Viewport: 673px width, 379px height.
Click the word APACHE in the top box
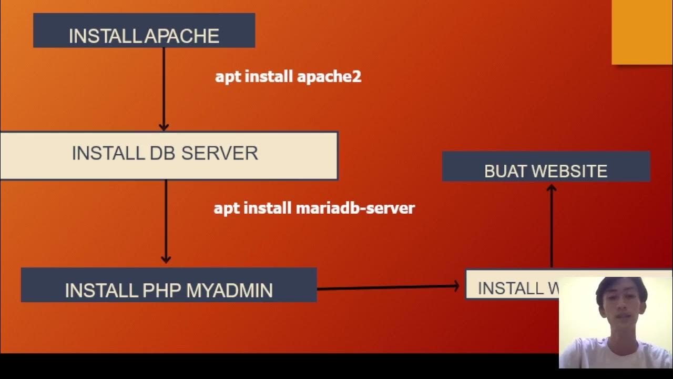(x=181, y=36)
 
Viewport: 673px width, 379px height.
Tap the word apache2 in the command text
(x=329, y=77)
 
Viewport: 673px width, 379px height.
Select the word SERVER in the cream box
(x=219, y=153)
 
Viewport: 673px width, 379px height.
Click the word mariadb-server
(x=355, y=208)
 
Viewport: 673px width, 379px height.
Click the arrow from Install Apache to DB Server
(x=164, y=89)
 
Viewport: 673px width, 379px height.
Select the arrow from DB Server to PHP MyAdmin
(x=166, y=221)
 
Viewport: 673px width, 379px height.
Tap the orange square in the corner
(x=642, y=32)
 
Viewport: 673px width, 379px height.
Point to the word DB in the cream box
(x=162, y=153)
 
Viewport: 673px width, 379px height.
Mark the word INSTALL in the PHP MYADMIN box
(x=101, y=291)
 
